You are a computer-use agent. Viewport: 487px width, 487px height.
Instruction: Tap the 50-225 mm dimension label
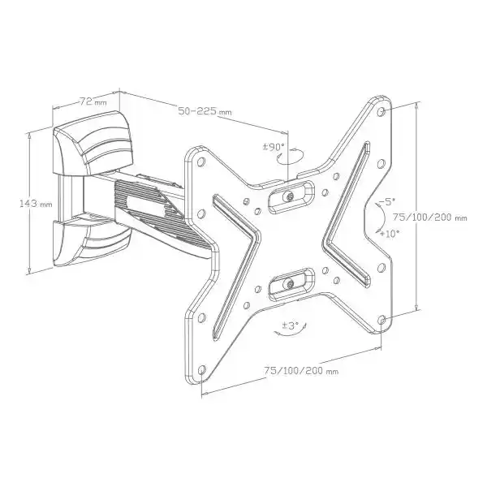click(205, 111)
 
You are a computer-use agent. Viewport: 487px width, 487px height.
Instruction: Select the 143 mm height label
click(35, 204)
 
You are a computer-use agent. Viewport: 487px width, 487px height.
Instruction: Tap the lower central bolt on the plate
click(291, 284)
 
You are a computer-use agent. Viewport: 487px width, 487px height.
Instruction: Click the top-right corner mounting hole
click(382, 111)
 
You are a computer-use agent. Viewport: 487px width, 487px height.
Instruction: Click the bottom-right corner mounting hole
click(382, 319)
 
